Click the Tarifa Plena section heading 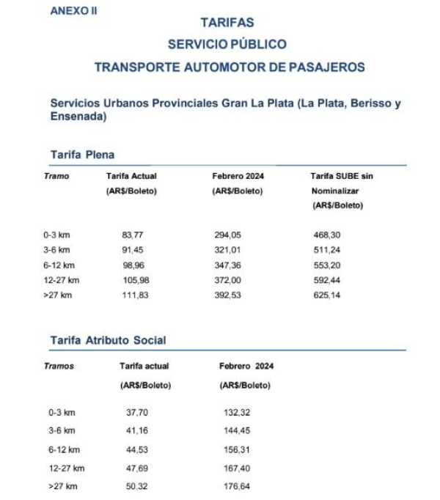pyautogui.click(x=82, y=155)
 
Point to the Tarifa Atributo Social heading pyautogui.click(x=108, y=340)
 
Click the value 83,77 pyautogui.click(x=132, y=235)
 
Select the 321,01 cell pyautogui.click(x=227, y=250)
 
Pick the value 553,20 pyautogui.click(x=326, y=265)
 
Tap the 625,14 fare pyautogui.click(x=326, y=295)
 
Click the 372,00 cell pyautogui.click(x=227, y=280)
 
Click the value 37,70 pyautogui.click(x=137, y=413)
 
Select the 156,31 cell pyautogui.click(x=236, y=449)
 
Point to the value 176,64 pyautogui.click(x=236, y=485)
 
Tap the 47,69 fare pyautogui.click(x=137, y=468)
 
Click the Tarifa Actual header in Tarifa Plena pyautogui.click(x=131, y=177)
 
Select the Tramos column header pyautogui.click(x=59, y=366)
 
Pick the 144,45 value pyautogui.click(x=236, y=431)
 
